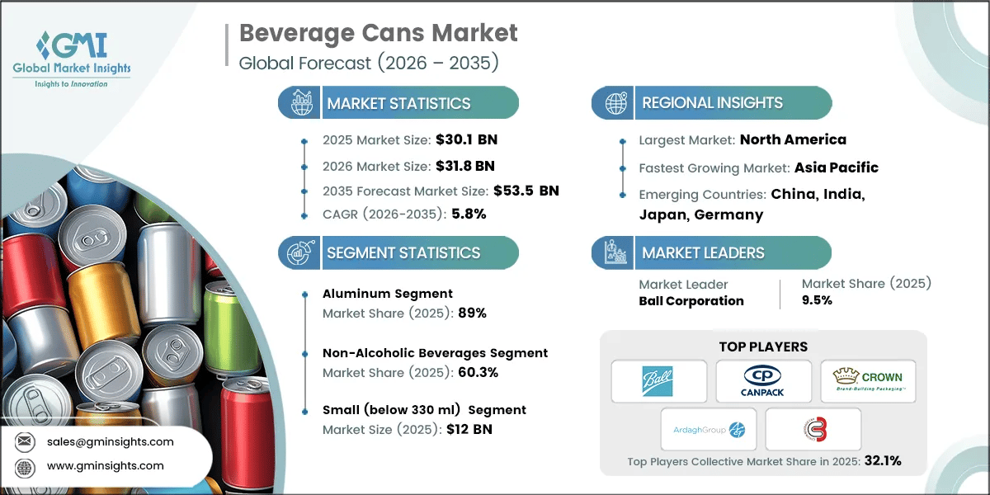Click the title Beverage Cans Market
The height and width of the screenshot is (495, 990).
pos(379,33)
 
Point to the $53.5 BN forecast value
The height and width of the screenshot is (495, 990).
pos(526,191)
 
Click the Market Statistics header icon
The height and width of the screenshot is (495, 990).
pos(299,103)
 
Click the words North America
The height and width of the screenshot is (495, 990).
pos(793,139)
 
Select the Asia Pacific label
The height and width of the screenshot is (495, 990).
pos(836,167)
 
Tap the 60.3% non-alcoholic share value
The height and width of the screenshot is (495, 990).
pos(477,372)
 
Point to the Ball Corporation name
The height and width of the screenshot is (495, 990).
pos(691,301)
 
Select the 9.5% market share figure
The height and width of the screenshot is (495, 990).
pos(817,300)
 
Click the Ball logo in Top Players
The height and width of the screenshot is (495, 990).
pos(659,382)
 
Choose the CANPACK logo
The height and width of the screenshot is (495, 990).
pos(764,382)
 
